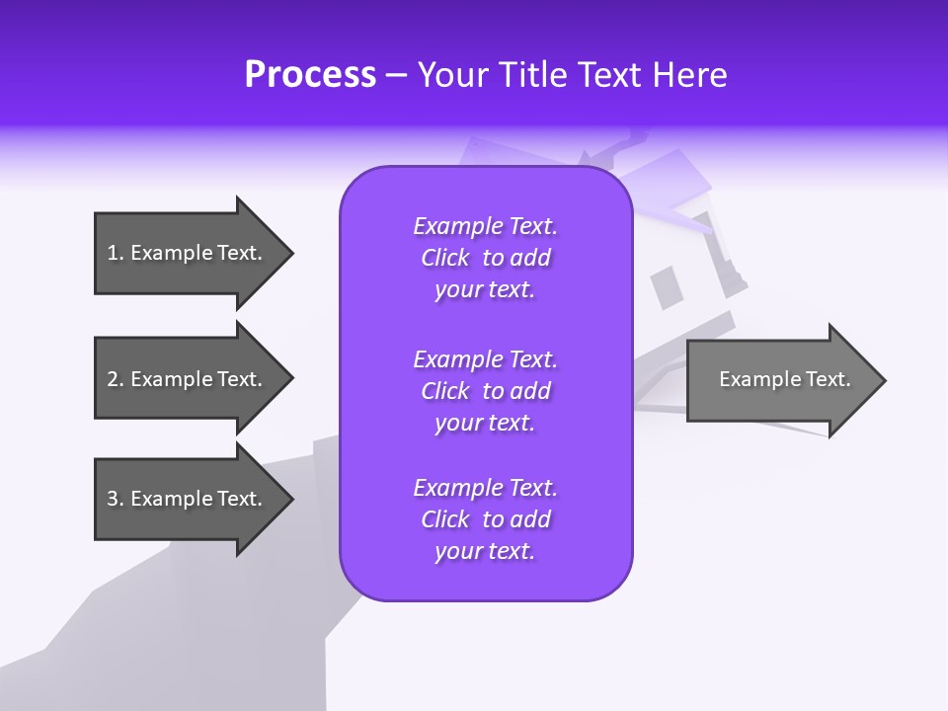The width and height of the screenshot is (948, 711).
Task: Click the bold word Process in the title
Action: coord(310,75)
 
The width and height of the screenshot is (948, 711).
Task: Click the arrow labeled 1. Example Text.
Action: coord(188,253)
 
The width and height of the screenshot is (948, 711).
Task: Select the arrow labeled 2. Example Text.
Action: coord(188,379)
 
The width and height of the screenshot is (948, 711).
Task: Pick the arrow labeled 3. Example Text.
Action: coord(188,499)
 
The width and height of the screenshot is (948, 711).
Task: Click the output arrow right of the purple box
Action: coord(780,379)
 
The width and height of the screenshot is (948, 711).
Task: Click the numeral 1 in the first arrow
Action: coord(113,253)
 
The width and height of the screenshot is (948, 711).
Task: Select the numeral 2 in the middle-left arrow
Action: coord(113,379)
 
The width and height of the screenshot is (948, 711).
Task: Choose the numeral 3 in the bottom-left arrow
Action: coord(113,499)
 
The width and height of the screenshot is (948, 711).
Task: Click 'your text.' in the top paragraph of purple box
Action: coord(485,289)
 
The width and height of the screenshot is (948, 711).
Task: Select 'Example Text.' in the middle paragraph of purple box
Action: coord(485,359)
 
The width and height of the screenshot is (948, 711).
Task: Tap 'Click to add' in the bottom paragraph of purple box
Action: coord(485,519)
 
